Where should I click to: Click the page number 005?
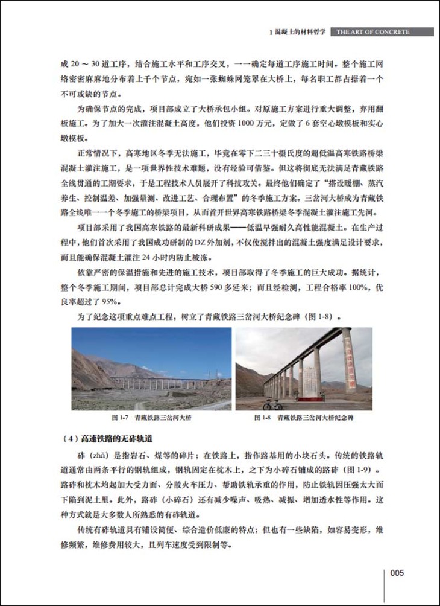(x=400, y=573)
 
